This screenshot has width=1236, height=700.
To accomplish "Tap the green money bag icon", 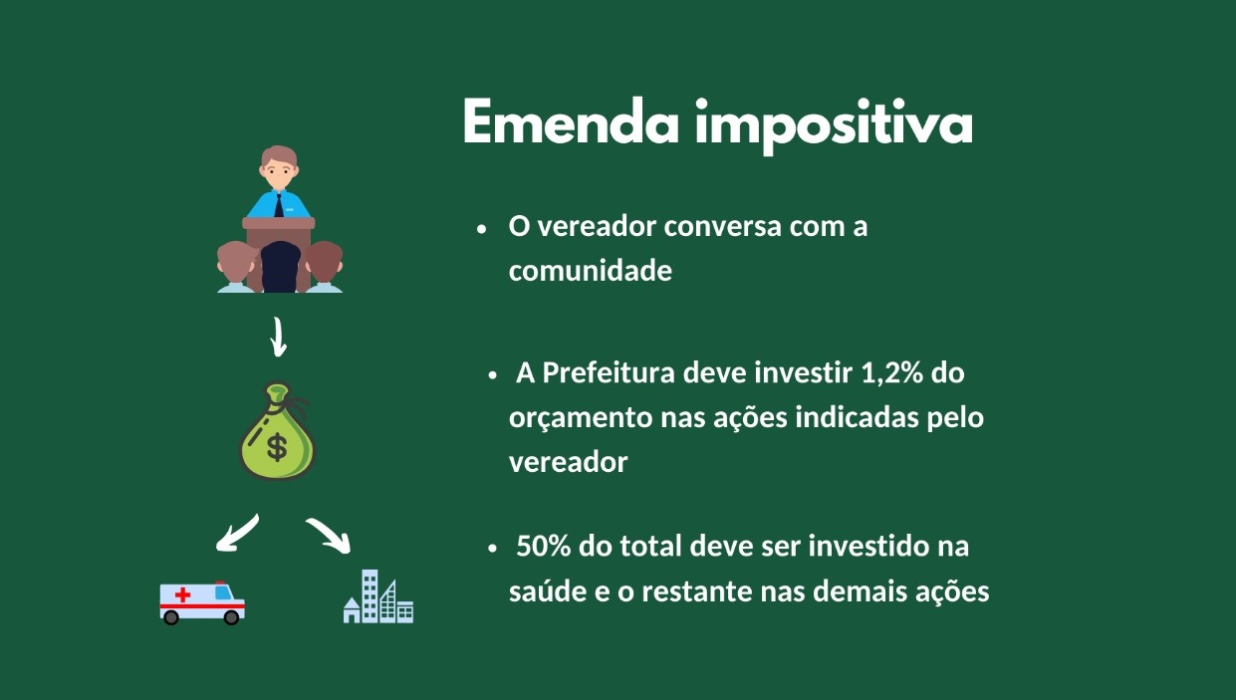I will pos(276,434).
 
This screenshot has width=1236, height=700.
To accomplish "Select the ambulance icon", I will pos(202,601).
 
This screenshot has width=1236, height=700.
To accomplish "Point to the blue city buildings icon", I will pos(377,597).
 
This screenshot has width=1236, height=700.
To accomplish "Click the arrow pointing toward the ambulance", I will pos(237,533).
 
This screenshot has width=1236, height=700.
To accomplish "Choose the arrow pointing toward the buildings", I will pos(330,534).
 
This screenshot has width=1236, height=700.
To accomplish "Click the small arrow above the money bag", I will pos(279,338).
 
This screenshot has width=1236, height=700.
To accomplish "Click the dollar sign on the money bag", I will pos(276,448).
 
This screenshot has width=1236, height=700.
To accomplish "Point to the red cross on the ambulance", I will pos(182,594).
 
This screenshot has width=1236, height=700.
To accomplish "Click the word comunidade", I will pos(590,270).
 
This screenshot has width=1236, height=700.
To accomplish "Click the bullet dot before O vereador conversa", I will pos(481,228).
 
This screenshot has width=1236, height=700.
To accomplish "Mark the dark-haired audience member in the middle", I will pos(280,266).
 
